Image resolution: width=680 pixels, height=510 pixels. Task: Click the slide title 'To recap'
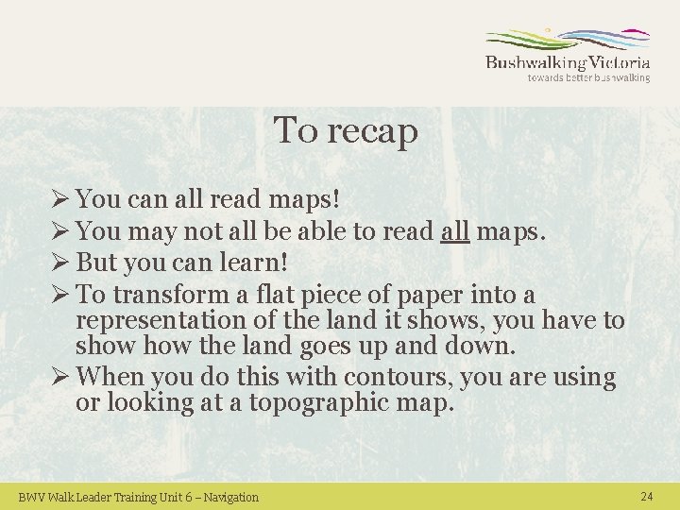346,131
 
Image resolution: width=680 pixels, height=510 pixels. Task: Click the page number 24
647,497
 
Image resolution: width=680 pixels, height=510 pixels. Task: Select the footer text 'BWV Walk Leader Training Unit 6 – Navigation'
139,497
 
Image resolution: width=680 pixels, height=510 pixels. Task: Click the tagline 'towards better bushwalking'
588,78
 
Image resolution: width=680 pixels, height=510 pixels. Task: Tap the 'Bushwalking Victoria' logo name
568,62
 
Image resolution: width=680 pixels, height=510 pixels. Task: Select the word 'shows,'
456,321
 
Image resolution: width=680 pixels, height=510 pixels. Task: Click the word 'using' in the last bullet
586,377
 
